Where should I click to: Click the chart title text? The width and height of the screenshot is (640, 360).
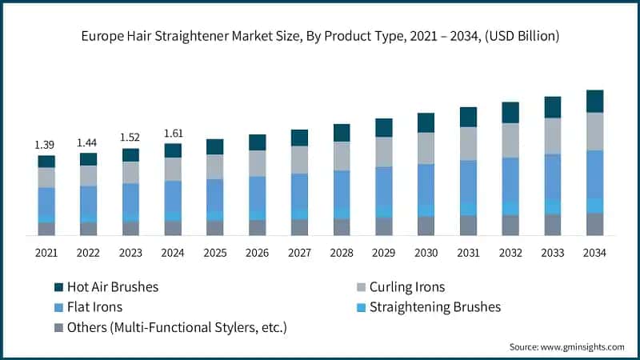(x=320, y=36)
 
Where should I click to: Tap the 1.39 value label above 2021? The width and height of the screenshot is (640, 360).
(x=46, y=145)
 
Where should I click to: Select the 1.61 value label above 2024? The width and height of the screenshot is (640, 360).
(x=173, y=133)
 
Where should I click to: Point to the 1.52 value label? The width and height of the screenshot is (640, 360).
(x=130, y=137)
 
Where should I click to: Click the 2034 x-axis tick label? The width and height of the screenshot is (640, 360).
(x=594, y=253)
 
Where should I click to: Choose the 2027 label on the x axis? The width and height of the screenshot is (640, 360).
(x=299, y=253)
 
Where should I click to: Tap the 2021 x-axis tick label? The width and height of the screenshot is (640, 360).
(x=46, y=253)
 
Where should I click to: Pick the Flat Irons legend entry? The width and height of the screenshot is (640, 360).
(x=94, y=307)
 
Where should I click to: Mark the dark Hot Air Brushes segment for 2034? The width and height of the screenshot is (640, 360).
(x=594, y=101)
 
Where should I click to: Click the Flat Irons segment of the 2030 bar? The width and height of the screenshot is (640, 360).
(x=426, y=184)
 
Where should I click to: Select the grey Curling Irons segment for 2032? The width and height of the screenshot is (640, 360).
(x=510, y=140)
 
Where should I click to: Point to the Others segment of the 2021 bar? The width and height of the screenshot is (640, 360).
(x=46, y=229)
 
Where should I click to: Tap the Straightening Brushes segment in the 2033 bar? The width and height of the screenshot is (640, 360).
(x=553, y=206)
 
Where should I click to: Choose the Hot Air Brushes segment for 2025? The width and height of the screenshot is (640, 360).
(x=214, y=146)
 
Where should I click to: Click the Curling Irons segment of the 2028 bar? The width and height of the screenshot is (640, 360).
(x=342, y=156)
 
